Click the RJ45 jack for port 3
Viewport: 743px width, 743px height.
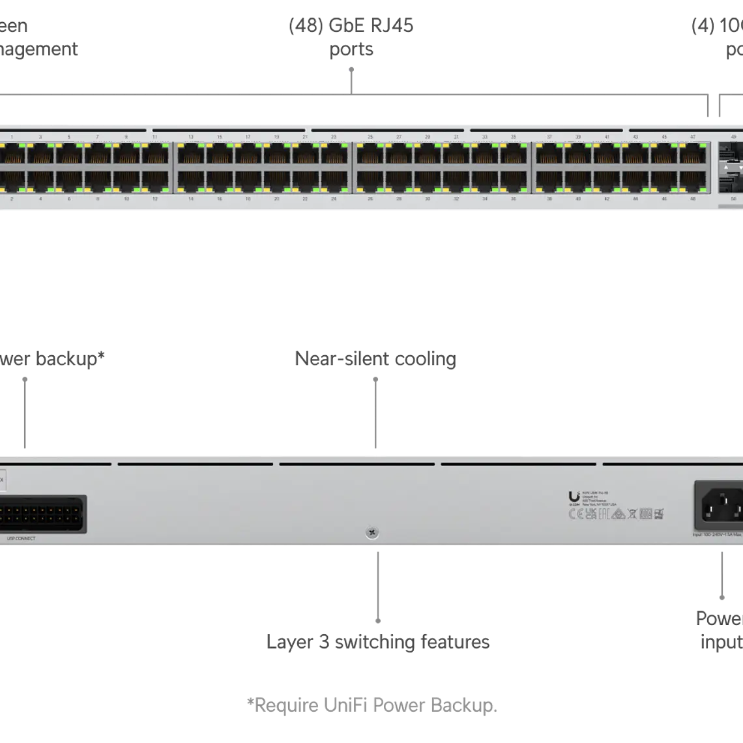(40, 155)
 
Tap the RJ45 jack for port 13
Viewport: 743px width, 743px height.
(191, 155)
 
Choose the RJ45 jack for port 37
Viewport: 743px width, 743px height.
(549, 155)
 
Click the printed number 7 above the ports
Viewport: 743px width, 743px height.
(98, 138)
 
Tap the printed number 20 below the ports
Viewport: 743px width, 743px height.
(276, 198)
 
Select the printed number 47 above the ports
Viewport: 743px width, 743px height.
(693, 138)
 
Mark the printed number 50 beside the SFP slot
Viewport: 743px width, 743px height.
(733, 198)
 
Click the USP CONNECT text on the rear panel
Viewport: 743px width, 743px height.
(21, 538)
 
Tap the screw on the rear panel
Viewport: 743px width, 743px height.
(371, 533)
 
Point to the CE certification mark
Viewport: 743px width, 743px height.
(576, 514)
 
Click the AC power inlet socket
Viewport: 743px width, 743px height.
(721, 506)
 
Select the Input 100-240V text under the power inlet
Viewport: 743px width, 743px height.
(717, 535)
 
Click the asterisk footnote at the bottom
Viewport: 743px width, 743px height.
(371, 705)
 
